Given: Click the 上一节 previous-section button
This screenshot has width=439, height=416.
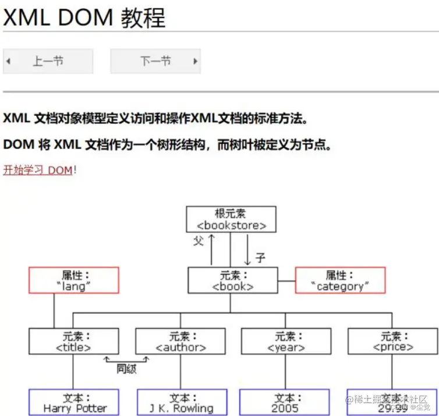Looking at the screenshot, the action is coord(48,61).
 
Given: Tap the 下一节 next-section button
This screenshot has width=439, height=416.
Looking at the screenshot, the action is coord(155,61).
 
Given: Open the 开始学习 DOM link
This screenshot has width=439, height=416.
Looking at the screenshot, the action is coord(38,170).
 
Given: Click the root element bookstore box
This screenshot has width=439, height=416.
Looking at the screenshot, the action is coord(231,219).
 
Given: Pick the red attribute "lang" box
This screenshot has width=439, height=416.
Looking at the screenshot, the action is coord(74,280).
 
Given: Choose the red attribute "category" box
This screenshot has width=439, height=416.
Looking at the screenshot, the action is coord(340,280).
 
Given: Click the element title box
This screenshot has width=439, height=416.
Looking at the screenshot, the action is coord(74,342).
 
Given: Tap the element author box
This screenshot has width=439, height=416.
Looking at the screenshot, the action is coord(180,342).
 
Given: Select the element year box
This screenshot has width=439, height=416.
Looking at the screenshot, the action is coord(286,342).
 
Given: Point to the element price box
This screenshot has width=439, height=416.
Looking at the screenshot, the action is coord(392,342).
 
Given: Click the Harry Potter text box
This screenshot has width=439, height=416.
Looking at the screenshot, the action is coord(74,403).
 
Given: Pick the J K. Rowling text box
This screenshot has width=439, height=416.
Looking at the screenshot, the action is coord(180,403).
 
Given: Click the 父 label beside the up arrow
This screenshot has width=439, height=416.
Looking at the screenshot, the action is coord(199,241).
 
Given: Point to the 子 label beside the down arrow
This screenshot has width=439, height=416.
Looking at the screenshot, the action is coord(260,258).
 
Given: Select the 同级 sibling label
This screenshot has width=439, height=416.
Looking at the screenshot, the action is coord(126,369).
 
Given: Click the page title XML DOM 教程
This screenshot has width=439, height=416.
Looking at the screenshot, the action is coord(84,17).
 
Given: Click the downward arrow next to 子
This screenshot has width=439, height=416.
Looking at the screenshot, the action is coord(247,249).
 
